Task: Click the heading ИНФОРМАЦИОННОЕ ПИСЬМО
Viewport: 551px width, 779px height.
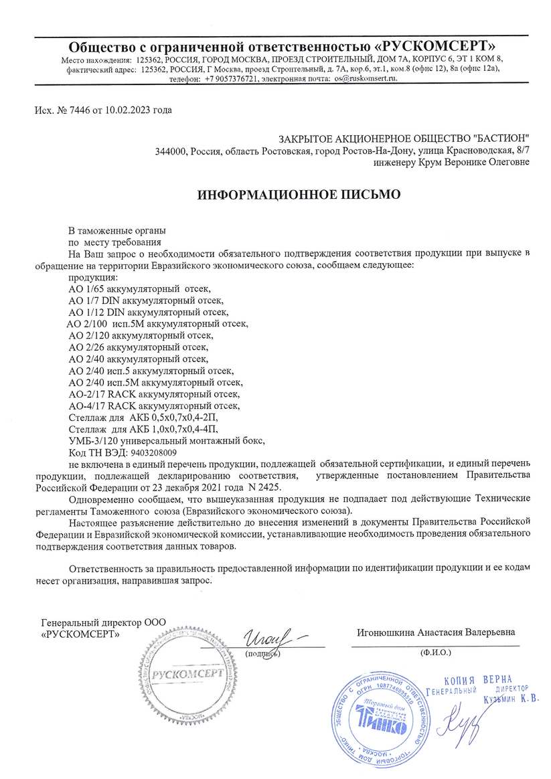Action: click(x=299, y=195)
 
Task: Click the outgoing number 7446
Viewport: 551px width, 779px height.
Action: click(x=72, y=110)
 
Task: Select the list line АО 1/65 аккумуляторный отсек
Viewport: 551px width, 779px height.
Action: click(x=139, y=289)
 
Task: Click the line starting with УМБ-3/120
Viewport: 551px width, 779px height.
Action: click(x=167, y=440)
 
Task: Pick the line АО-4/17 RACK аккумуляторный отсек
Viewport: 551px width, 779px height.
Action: click(x=154, y=406)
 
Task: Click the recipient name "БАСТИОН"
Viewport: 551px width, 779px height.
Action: click(x=492, y=138)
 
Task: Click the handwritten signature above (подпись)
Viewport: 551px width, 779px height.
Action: click(x=271, y=633)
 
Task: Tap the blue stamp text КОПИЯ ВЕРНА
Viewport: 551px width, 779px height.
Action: click(x=482, y=680)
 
